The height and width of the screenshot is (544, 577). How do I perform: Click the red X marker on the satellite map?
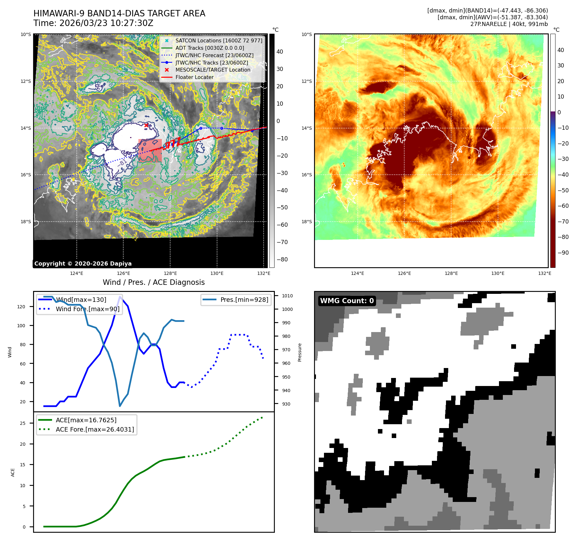(x=146, y=125)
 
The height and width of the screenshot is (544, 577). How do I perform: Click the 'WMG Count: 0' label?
(x=347, y=301)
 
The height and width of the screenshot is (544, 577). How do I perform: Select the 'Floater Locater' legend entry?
(x=194, y=77)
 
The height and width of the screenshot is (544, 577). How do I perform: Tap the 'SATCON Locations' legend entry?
(x=219, y=40)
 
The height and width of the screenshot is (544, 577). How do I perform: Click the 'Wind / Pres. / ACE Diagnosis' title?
(x=153, y=282)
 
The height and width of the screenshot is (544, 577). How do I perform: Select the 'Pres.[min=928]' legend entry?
(x=244, y=300)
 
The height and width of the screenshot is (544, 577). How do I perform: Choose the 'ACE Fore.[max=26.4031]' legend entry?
(x=95, y=429)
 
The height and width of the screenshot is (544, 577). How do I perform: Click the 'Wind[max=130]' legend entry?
(x=81, y=300)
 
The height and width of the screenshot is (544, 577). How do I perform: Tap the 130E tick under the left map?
(x=217, y=273)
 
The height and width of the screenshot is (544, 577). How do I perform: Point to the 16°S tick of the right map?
(x=307, y=175)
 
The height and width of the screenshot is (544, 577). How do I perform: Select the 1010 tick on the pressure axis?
(x=287, y=296)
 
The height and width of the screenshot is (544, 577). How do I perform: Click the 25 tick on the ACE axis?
(x=23, y=423)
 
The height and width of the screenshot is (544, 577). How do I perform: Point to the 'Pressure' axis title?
(x=300, y=352)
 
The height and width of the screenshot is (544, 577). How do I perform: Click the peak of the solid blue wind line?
(x=120, y=297)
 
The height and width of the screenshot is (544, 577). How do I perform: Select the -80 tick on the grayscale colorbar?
(x=282, y=259)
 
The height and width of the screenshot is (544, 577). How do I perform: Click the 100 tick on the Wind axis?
(x=21, y=326)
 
